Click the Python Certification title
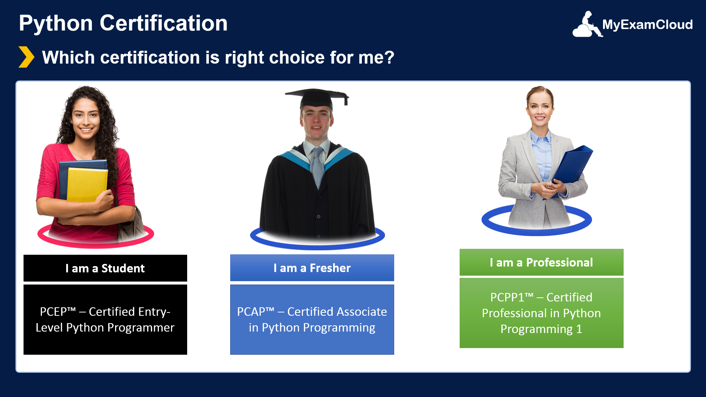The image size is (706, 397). pos(123,23)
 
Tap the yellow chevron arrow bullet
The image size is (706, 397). pos(26,57)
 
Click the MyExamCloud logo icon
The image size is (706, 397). pos(587,25)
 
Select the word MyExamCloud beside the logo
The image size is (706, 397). pos(647,25)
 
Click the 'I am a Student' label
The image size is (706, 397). pos(105,268)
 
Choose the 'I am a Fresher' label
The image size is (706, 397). pos(312,268)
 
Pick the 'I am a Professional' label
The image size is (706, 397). pos(541,262)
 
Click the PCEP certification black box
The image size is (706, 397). pos(105,319)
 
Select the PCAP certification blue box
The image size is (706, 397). pos(312,319)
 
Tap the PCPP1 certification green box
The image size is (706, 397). pos(541,313)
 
